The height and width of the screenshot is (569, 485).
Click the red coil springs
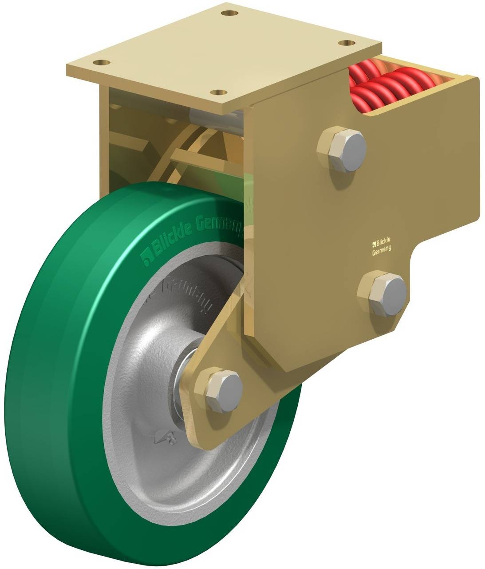pos(390,87)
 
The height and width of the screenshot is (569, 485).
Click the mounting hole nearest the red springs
pos(346,43)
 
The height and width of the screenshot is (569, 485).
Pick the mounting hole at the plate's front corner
pos(217,92)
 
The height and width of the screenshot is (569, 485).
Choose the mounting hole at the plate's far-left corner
pos(103,63)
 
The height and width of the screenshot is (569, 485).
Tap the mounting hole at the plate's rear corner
pos(228,13)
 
